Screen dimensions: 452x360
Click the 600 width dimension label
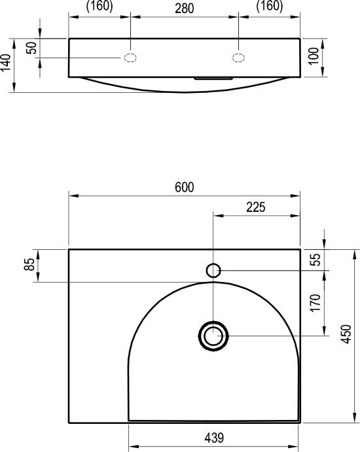(x=185, y=187)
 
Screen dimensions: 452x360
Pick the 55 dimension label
(x=315, y=259)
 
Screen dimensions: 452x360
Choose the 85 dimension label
(x=29, y=265)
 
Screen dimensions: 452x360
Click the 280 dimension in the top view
(x=184, y=8)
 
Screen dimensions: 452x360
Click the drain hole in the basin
(x=213, y=336)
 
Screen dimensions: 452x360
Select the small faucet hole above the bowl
(x=213, y=269)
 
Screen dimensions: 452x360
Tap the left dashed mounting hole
(x=130, y=58)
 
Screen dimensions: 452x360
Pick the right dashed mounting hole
(x=239, y=58)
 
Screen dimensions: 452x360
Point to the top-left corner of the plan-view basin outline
(x=69, y=249)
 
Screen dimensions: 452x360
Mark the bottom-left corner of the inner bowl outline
(x=129, y=419)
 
